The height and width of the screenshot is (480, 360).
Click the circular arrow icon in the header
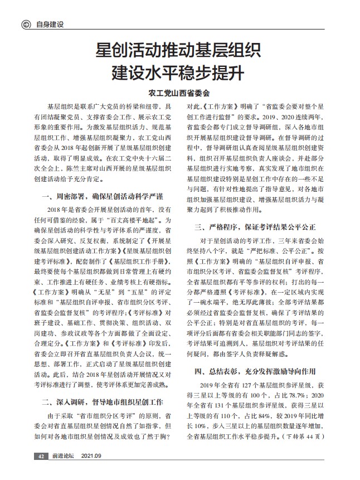(26, 24)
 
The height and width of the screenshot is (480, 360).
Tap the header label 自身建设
(50, 24)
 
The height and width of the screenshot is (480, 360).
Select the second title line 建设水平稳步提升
(179, 74)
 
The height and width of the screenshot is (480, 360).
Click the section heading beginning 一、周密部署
(103, 196)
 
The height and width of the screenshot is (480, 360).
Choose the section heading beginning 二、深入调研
(103, 401)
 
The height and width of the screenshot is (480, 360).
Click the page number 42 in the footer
(40, 456)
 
